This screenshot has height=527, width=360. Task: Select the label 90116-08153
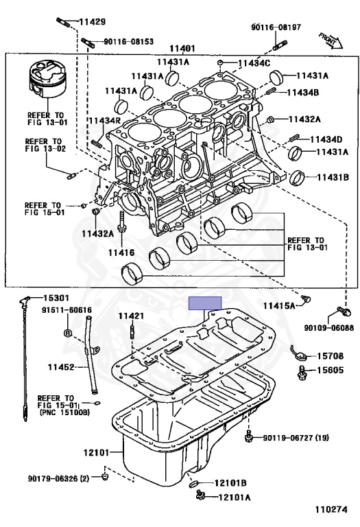tap(129, 41)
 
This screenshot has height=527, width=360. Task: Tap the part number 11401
tap(183, 49)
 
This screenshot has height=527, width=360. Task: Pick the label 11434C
tap(254, 64)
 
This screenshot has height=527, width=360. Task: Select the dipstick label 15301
tap(56, 298)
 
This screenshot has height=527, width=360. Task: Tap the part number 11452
tap(61, 368)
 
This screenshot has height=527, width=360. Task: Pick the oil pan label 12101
tap(97, 453)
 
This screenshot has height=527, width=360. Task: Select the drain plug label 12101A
tap(235, 497)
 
